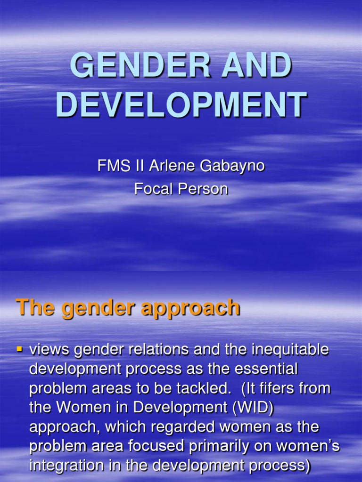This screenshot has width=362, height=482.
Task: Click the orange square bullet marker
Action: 20,350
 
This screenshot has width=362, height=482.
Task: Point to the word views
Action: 49,350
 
